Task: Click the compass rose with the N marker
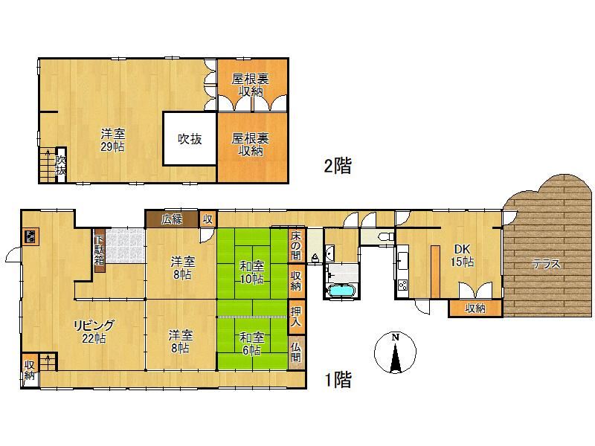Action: pyautogui.click(x=395, y=352)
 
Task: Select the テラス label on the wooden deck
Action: pyautogui.click(x=546, y=263)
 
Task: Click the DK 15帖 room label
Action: pyautogui.click(x=462, y=255)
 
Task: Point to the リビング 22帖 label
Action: pyautogui.click(x=94, y=332)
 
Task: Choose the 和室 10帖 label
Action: pyautogui.click(x=251, y=272)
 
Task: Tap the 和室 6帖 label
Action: pyautogui.click(x=251, y=343)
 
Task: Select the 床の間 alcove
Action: pyautogui.click(x=296, y=245)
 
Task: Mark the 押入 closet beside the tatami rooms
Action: pyautogui.click(x=296, y=317)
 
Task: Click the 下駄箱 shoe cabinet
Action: pyautogui.click(x=100, y=250)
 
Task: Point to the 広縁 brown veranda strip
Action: pyautogui.click(x=172, y=219)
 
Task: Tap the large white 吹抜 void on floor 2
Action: pyautogui.click(x=190, y=139)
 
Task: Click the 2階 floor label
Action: pyautogui.click(x=338, y=166)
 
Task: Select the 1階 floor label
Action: pyautogui.click(x=338, y=380)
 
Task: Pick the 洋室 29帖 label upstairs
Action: pyautogui.click(x=113, y=140)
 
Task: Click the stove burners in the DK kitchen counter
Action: pyautogui.click(x=402, y=285)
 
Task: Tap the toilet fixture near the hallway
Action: pyautogui.click(x=386, y=237)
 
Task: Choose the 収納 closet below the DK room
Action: pyautogui.click(x=475, y=308)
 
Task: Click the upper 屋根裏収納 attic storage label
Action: pyautogui.click(x=251, y=85)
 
